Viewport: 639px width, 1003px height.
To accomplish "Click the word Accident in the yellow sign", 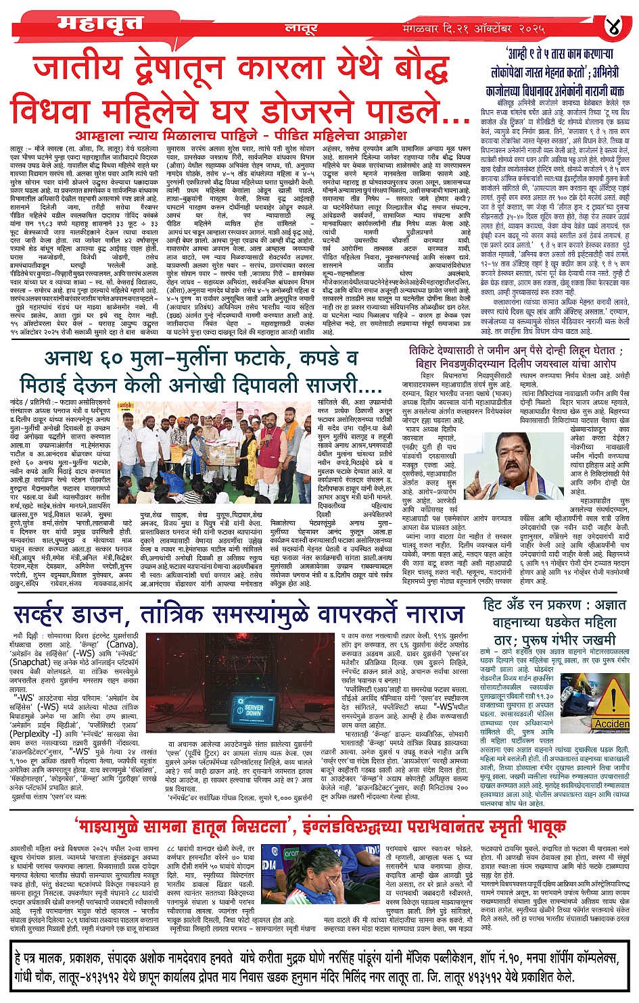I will click(611, 724).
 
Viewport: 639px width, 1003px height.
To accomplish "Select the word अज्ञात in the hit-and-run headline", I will click(605, 604).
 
